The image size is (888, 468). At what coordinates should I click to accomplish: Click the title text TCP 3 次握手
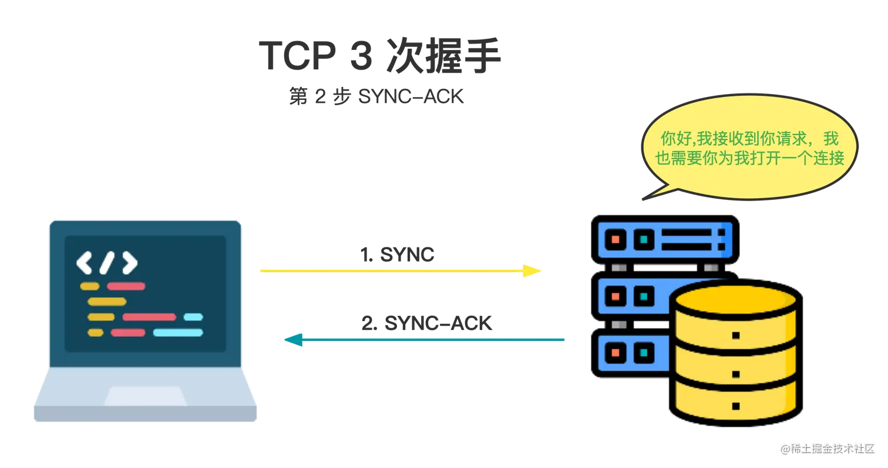[x=380, y=56]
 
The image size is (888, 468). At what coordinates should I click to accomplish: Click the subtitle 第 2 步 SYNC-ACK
[x=376, y=96]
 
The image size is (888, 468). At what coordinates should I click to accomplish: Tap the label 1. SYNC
[x=397, y=255]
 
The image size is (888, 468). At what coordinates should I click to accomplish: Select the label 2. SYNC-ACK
[x=426, y=323]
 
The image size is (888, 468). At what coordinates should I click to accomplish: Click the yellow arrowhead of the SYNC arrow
[x=532, y=270]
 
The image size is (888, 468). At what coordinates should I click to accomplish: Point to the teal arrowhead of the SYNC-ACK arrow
[x=294, y=340]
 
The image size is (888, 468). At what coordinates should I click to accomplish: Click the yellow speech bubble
[x=749, y=147]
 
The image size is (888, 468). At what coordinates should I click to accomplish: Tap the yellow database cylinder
[x=736, y=353]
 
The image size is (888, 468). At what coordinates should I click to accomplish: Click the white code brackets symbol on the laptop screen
[x=107, y=262]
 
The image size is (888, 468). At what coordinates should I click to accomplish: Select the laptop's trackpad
[x=145, y=396]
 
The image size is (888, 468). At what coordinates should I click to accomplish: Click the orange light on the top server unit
[x=615, y=239]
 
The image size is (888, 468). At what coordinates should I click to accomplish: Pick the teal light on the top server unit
[x=644, y=239]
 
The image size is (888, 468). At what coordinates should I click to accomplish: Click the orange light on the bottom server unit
[x=615, y=353]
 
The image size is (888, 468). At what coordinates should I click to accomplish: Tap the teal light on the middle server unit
[x=644, y=296]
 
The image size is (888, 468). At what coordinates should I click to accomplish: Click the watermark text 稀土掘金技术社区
[x=833, y=449]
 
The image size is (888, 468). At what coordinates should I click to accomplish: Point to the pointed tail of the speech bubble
[x=643, y=199]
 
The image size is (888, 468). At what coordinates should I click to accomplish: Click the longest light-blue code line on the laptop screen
[x=178, y=333]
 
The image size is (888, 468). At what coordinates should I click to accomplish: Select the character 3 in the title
[x=362, y=56]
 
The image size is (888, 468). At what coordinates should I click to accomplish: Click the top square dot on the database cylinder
[x=736, y=336]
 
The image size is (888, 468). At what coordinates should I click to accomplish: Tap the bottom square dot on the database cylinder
[x=736, y=406]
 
